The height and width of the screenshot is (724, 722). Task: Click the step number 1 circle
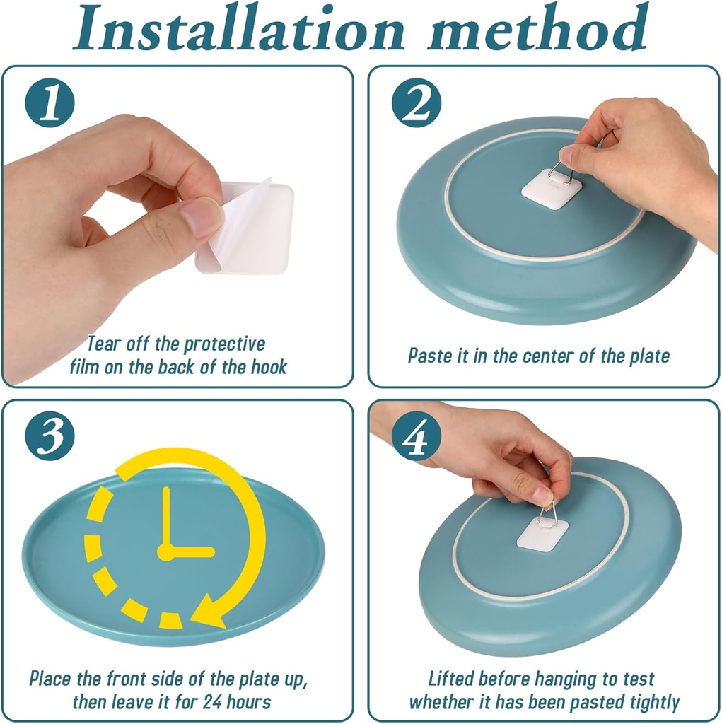[x=50, y=103]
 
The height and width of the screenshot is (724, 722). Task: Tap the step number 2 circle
[x=417, y=103]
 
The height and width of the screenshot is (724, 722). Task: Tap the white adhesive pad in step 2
[x=552, y=189]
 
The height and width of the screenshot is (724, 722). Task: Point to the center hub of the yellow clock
[x=165, y=552]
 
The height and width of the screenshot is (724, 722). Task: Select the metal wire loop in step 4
[x=549, y=510]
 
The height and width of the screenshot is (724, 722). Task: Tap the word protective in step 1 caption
[x=225, y=344]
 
